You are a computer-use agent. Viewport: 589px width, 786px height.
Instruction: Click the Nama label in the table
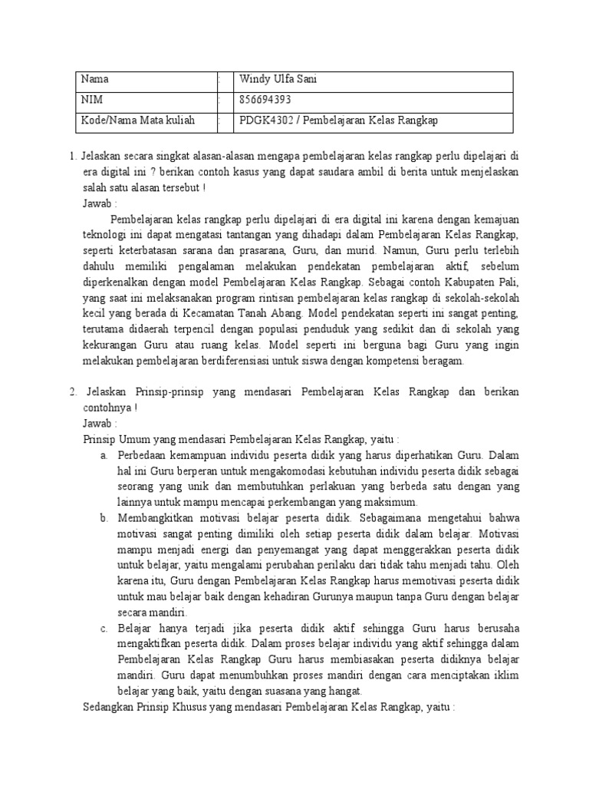click(x=95, y=79)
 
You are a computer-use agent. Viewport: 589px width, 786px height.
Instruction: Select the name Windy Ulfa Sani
click(x=278, y=79)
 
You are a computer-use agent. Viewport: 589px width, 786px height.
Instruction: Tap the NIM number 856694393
click(x=265, y=100)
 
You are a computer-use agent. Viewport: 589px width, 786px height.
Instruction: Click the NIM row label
click(x=91, y=100)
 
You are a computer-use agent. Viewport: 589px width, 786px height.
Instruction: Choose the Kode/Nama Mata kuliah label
click(x=137, y=121)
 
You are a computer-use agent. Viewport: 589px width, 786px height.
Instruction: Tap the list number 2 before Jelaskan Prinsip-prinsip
click(x=71, y=391)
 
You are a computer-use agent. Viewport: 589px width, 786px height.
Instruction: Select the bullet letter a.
click(x=104, y=456)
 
